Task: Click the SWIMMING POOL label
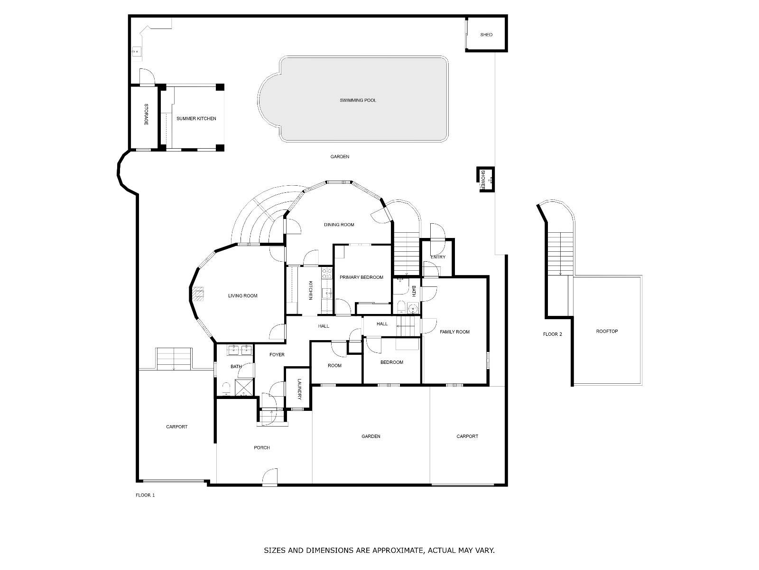pyautogui.click(x=358, y=100)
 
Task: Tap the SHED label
pyautogui.click(x=486, y=35)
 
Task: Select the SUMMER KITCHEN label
pyautogui.click(x=196, y=118)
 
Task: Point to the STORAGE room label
pyautogui.click(x=146, y=114)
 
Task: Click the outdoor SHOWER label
pyautogui.click(x=483, y=180)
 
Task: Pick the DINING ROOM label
pyautogui.click(x=339, y=225)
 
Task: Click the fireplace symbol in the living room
pyautogui.click(x=198, y=294)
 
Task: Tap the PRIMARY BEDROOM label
pyautogui.click(x=361, y=277)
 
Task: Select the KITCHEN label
pyautogui.click(x=310, y=290)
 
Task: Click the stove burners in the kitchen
pyautogui.click(x=327, y=274)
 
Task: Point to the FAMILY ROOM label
pyautogui.click(x=454, y=332)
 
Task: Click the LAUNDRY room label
pyautogui.click(x=299, y=389)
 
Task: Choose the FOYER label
pyautogui.click(x=277, y=355)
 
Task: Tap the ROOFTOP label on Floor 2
pyautogui.click(x=607, y=331)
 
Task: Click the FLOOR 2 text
pyautogui.click(x=552, y=334)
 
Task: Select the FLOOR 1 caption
pyautogui.click(x=145, y=495)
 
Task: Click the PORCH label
pyautogui.click(x=261, y=447)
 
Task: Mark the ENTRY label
pyautogui.click(x=438, y=257)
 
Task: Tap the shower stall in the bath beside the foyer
pyautogui.click(x=244, y=387)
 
